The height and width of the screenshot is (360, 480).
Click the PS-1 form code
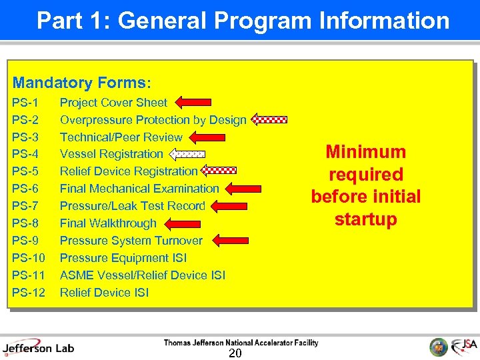click(25, 103)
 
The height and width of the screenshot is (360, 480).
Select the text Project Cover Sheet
click(113, 103)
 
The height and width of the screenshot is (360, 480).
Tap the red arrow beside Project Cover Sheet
click(193, 102)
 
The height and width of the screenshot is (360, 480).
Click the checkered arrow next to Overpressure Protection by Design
click(269, 120)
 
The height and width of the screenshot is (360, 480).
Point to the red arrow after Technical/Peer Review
click(207, 137)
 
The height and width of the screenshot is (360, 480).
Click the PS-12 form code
click(29, 293)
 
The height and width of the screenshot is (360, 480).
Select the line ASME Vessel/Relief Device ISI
click(143, 275)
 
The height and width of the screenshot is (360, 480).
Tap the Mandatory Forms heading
click(82, 83)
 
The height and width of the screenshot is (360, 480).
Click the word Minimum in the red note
click(365, 152)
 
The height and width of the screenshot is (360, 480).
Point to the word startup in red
click(365, 219)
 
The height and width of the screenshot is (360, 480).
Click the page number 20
click(235, 353)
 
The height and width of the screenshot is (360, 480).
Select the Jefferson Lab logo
click(39, 347)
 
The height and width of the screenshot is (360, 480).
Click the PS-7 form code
click(25, 206)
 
